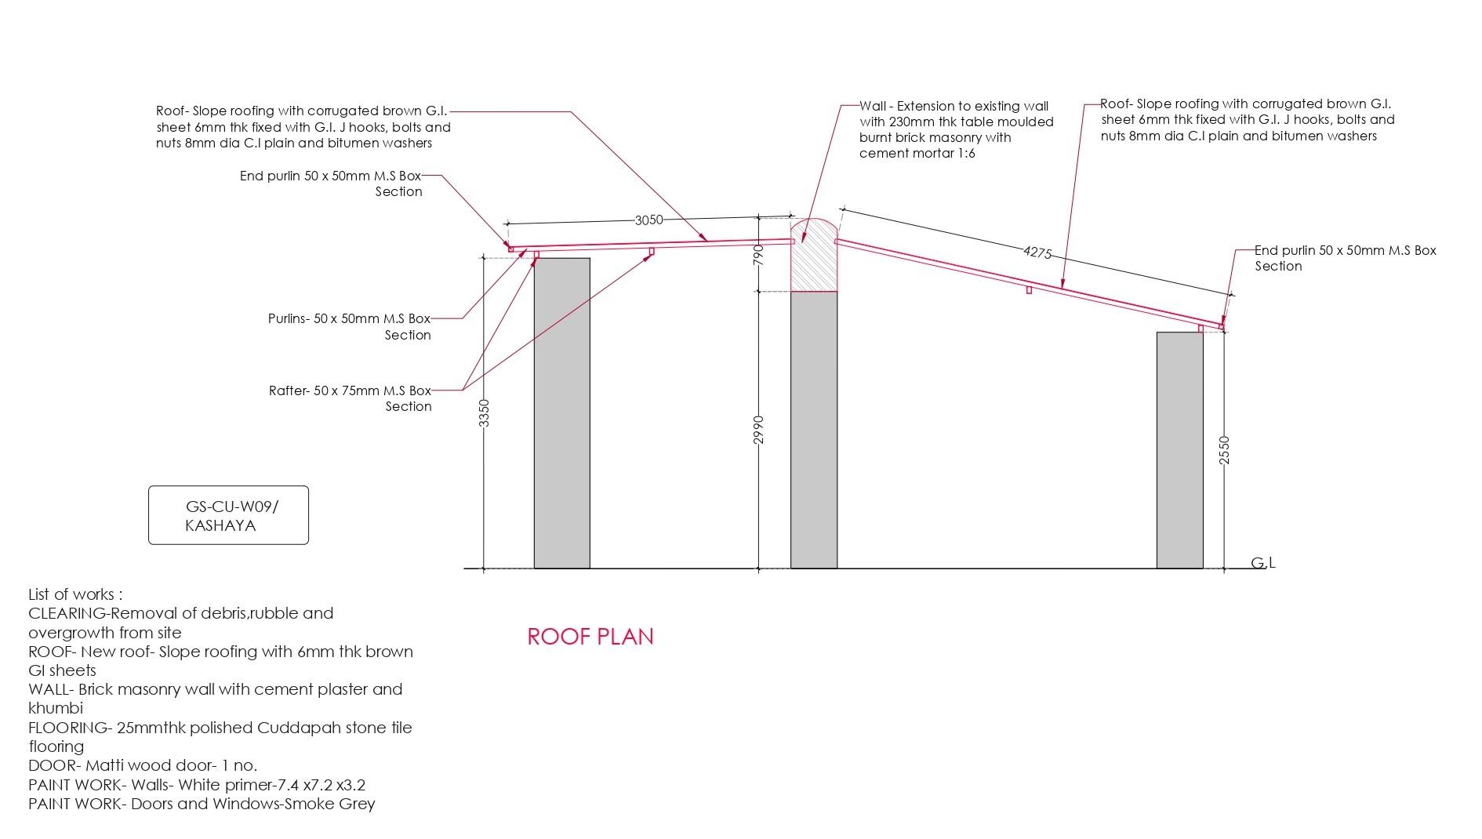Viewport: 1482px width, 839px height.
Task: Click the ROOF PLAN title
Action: [590, 636]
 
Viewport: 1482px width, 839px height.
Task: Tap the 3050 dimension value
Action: [649, 220]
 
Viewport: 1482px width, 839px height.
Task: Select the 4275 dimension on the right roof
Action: [1037, 252]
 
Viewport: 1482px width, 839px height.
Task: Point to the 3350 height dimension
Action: [485, 412]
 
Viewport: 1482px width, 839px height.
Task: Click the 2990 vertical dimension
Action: [758, 430]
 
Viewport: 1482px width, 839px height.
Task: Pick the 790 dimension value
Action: [758, 255]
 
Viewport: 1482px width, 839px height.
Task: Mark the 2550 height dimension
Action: [1225, 450]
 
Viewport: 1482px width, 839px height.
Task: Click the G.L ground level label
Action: [1262, 563]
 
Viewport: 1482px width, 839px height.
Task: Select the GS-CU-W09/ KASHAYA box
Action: [228, 515]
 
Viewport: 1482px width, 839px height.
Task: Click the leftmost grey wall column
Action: [561, 412]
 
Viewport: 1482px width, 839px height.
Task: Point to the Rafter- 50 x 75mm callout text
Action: [351, 398]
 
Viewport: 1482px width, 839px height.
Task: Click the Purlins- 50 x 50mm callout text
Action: [350, 326]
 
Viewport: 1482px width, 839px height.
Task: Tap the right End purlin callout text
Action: [1345, 258]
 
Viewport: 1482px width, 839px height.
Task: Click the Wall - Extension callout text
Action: [956, 129]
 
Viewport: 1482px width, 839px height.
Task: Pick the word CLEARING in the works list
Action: [67, 613]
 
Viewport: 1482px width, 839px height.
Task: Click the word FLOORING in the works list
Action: [67, 728]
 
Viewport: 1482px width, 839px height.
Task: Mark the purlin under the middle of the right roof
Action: [1029, 290]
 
